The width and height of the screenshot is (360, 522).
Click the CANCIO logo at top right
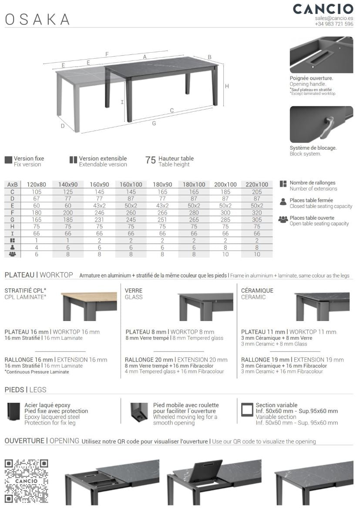[x=323, y=9]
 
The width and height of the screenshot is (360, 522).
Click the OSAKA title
[x=37, y=19]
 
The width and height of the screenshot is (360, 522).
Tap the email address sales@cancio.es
[x=334, y=18]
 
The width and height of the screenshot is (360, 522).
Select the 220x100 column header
[x=257, y=184]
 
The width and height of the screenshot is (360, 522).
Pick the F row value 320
[x=257, y=213]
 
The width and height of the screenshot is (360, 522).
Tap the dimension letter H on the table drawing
[x=227, y=86]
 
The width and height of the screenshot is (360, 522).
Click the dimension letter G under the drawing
[x=154, y=124]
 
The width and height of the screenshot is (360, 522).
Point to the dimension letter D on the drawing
[x=63, y=126]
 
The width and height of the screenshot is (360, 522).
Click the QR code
[x=26, y=481]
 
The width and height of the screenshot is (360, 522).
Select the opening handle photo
[x=321, y=55]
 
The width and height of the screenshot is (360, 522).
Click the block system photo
[x=321, y=124]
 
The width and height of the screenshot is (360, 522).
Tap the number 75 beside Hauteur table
[x=151, y=161]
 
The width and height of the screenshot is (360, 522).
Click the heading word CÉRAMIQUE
[x=257, y=291]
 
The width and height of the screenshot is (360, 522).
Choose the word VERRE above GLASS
[x=134, y=291]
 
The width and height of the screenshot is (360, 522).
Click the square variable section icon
[x=247, y=410]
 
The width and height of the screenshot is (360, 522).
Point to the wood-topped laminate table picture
[x=89, y=306]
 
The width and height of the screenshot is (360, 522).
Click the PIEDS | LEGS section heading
[x=25, y=390]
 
